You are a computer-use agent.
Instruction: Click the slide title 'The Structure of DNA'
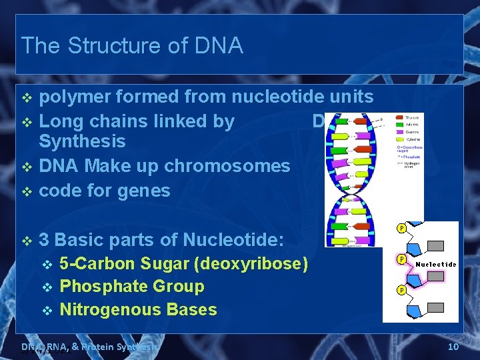(132, 45)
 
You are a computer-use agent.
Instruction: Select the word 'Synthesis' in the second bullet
(82, 141)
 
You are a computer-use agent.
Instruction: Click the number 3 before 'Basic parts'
(44, 240)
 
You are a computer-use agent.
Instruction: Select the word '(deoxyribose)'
(251, 264)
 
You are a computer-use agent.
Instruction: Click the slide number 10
(453, 347)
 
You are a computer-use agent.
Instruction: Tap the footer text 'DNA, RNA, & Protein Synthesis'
(90, 347)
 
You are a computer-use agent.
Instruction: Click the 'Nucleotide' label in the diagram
(437, 265)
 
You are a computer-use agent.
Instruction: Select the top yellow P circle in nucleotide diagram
(401, 229)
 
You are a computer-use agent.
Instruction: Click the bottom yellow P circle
(401, 291)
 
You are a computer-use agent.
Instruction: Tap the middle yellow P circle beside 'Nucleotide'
(401, 259)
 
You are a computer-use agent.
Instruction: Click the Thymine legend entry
(413, 117)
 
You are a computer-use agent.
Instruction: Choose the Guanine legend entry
(413, 132)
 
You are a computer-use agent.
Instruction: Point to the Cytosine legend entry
(413, 139)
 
